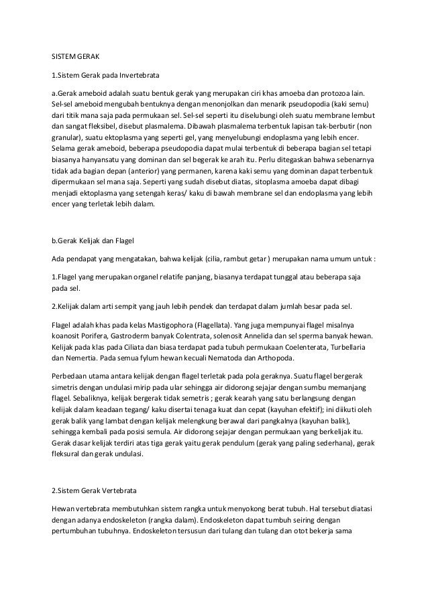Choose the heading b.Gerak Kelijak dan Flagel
(x=98, y=240)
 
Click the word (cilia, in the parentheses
(x=236, y=259)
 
